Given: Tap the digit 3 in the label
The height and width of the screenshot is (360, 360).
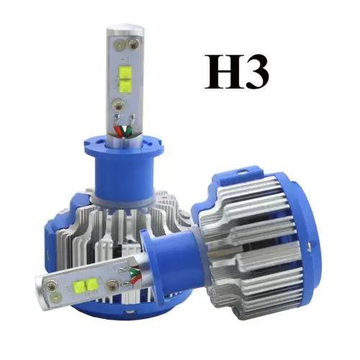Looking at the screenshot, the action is coord(257,71).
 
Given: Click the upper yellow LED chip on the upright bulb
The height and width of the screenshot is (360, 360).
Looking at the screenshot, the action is coord(125,71).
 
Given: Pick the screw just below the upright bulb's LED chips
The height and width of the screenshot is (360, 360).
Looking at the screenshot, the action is coord(119,105).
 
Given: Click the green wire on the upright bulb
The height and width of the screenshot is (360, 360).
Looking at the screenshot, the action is coord(128,132).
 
